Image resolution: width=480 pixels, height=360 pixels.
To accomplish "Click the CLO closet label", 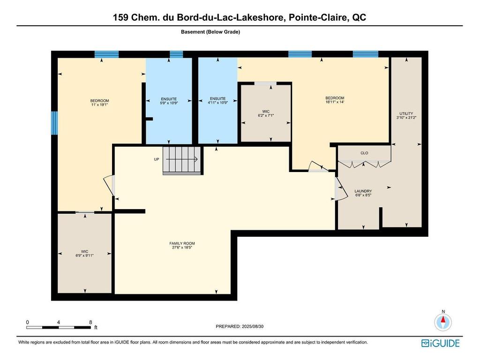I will click(x=364, y=153).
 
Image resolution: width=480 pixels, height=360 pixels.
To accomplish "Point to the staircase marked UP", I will click(x=182, y=160).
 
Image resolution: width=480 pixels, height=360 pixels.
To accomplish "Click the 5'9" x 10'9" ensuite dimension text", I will click(x=169, y=103).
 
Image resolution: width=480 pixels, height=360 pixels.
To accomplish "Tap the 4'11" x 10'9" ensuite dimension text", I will click(x=217, y=103).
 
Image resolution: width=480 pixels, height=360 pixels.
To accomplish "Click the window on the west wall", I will click(x=54, y=123).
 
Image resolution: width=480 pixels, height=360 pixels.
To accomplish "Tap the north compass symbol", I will click(x=443, y=322).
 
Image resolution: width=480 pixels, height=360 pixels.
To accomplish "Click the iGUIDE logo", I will click(x=440, y=344).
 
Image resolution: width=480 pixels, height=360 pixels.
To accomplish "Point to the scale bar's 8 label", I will click(x=90, y=322).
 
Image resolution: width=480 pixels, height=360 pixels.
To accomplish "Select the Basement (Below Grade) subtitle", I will click(x=210, y=32).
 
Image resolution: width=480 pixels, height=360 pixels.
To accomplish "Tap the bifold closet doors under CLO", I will click(x=364, y=164).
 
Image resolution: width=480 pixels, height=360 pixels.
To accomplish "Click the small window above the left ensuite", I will click(x=176, y=54).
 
